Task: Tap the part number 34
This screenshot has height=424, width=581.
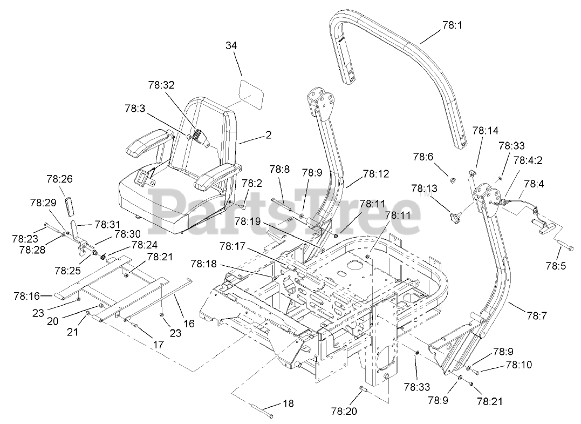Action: pos(231,46)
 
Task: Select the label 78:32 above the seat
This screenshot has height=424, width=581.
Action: pos(161,85)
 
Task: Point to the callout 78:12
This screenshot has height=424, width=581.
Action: pos(376,174)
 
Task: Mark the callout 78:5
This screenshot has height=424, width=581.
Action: pos(556,266)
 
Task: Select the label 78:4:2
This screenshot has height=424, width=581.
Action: pos(529,160)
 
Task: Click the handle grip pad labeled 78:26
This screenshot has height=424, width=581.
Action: pos(69,206)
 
